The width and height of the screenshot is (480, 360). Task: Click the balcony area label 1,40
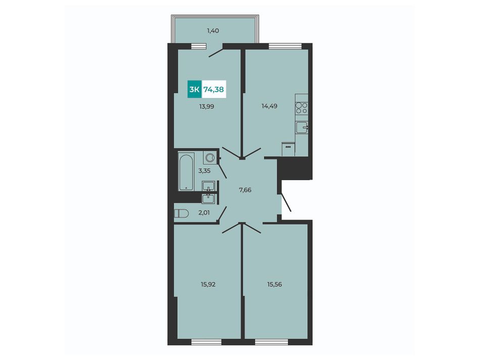point(213,31)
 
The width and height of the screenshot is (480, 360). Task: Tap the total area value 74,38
point(213,89)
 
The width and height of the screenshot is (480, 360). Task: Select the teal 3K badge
point(195,89)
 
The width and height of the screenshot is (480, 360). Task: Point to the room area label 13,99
point(207,107)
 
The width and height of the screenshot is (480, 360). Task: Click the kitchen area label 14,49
point(269,106)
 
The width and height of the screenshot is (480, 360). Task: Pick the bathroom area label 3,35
point(204,171)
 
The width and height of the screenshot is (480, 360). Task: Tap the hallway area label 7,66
point(245,190)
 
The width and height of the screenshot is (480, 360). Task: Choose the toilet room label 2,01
point(204,213)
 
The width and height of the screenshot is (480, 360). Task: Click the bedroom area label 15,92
point(208,284)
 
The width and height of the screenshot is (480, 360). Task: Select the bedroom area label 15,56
point(274,284)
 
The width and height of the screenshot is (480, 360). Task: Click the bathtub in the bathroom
point(186,172)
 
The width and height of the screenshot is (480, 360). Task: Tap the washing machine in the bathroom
point(210,158)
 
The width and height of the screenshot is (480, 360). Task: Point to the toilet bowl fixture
point(181,213)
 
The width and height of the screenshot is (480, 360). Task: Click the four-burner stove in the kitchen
point(302,108)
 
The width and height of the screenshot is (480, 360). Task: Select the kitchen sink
point(302,128)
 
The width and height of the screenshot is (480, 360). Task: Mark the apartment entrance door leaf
point(286,202)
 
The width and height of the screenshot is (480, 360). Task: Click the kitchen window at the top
point(285,46)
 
